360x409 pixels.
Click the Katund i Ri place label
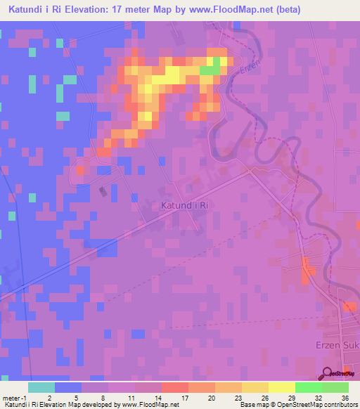tap(185, 205)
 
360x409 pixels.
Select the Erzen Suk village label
tap(336, 346)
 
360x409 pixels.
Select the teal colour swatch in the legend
tap(41, 387)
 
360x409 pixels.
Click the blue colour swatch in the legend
tap(68, 387)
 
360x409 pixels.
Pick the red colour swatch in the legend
tap(174, 387)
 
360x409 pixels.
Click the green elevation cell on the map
tap(209, 70)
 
